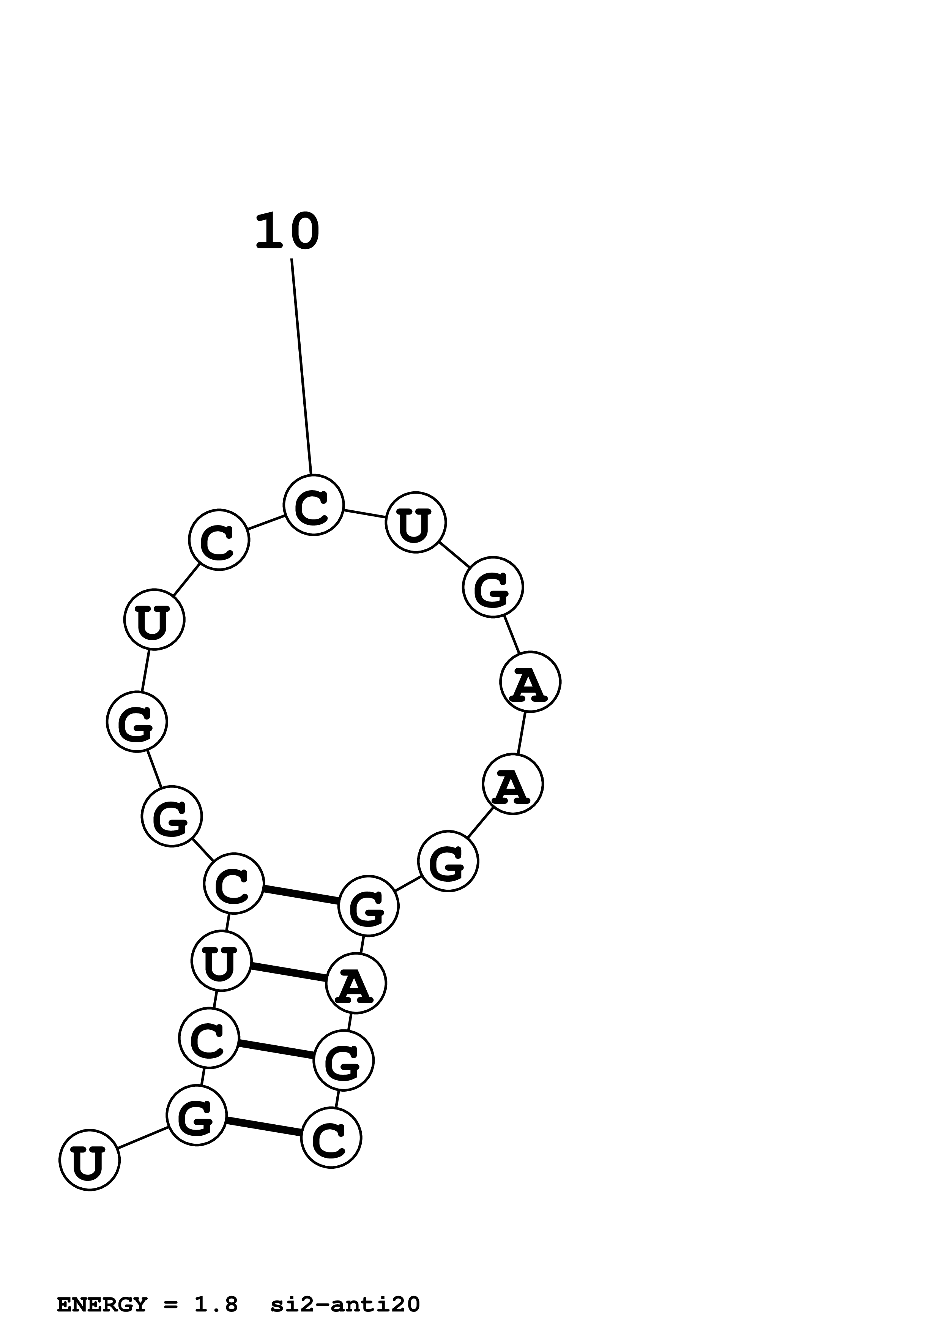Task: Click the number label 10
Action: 287,232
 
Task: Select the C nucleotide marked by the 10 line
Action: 313,505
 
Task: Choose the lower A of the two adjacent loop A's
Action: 512,784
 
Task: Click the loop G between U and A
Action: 493,587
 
